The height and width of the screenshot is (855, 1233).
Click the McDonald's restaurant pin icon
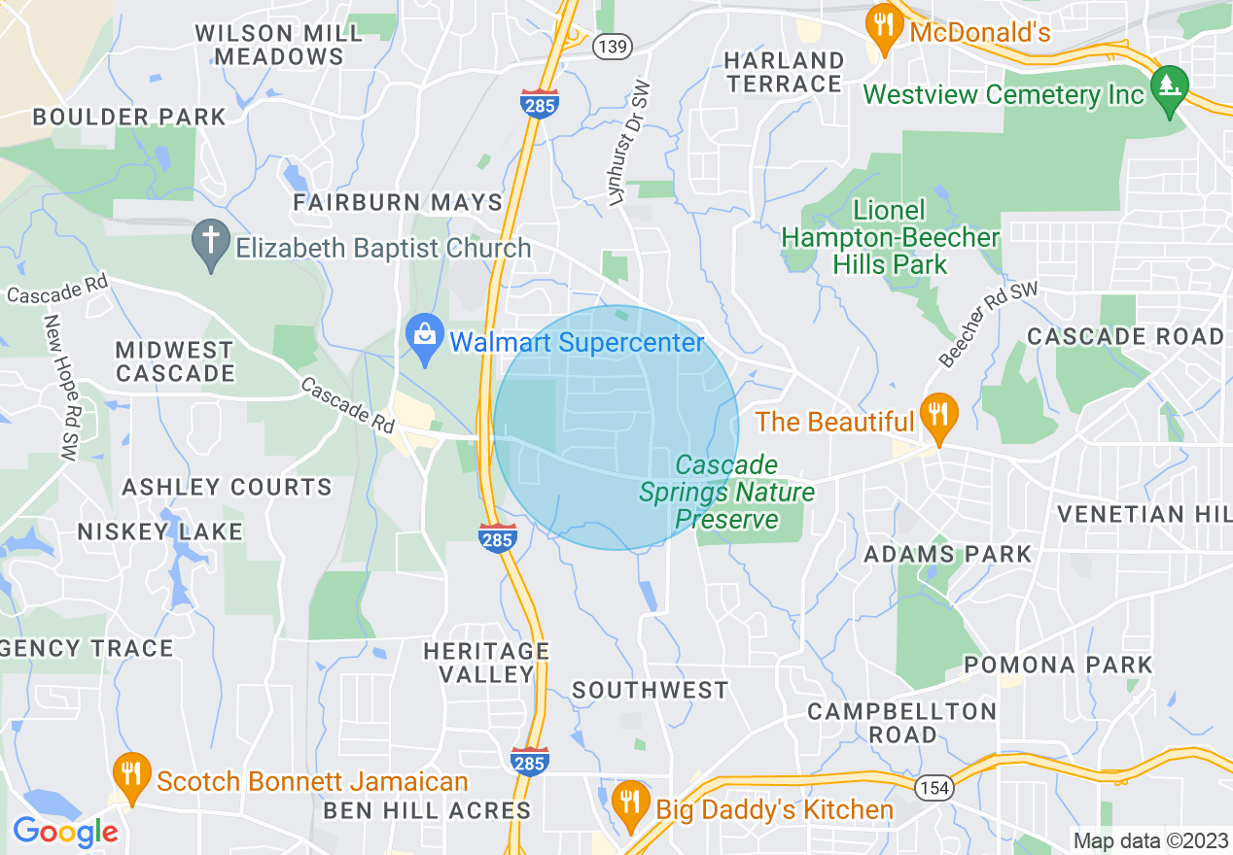coord(883,29)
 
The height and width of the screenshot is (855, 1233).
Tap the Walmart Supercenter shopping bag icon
coord(425,339)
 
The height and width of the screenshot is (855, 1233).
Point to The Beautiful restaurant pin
coord(938,417)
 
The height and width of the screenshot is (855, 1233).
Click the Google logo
coord(65,832)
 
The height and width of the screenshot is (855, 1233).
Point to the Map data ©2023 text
coord(1150,840)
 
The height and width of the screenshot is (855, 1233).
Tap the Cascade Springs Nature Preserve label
coord(727,492)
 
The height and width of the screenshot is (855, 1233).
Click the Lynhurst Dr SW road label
coord(629,144)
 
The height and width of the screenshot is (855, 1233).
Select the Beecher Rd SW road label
coord(989,325)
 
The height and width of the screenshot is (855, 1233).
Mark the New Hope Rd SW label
coord(60,387)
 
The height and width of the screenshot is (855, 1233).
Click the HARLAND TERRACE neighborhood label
coord(784,72)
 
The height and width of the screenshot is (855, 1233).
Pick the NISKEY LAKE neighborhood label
coord(159,531)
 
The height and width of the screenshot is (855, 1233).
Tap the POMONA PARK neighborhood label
coord(1058,666)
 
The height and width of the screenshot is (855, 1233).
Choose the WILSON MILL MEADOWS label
coord(278,45)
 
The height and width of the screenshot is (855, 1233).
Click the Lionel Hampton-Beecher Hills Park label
coord(890,237)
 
